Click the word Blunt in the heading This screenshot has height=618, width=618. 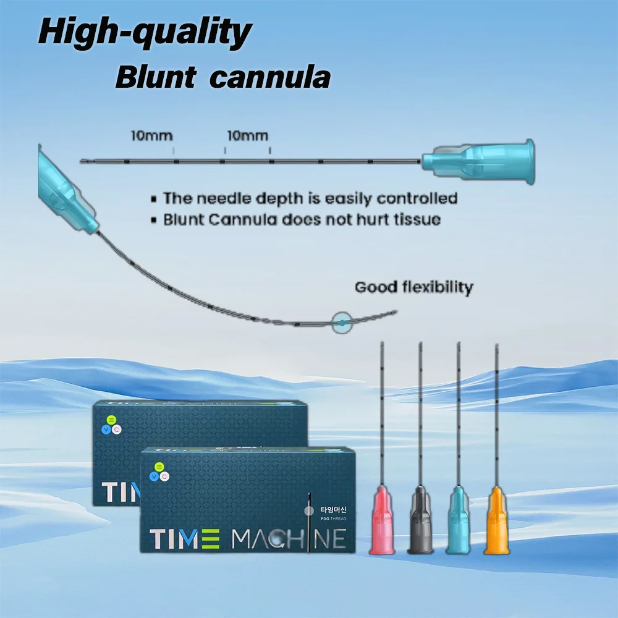click(x=156, y=78)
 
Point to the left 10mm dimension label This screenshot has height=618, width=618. click(x=151, y=135)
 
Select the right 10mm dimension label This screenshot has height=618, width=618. click(x=247, y=135)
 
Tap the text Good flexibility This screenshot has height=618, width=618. click(x=413, y=287)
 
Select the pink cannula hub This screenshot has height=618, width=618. click(x=382, y=522)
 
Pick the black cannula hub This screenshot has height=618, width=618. click(x=420, y=522)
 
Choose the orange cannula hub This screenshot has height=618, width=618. click(x=496, y=522)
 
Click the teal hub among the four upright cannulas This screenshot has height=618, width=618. click(x=458, y=522)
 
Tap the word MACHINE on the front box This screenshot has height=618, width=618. click(x=288, y=539)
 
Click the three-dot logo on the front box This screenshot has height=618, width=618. click(x=159, y=471)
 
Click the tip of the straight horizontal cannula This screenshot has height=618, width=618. click(x=82, y=162)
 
